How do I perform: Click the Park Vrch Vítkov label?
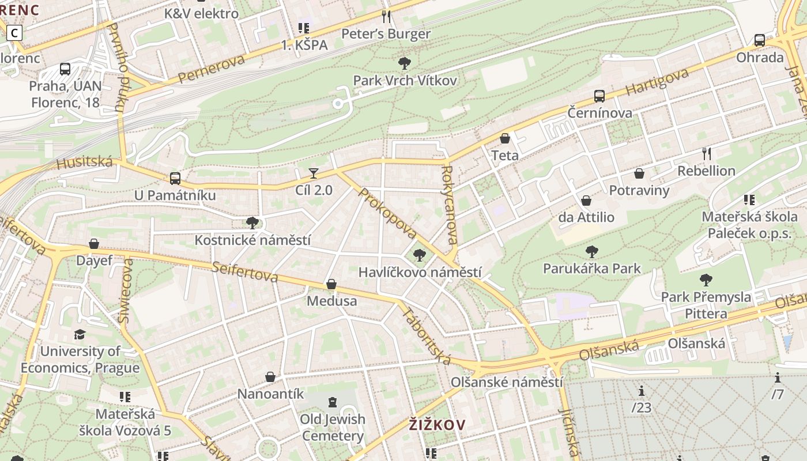coord(405,80)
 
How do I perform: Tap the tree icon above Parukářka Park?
coord(591,252)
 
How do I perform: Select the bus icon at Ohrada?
coord(760,40)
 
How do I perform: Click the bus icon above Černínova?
coord(599,96)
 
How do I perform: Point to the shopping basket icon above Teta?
coord(505,139)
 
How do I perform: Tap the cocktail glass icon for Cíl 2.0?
coord(313,173)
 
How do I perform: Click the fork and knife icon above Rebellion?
coord(707,154)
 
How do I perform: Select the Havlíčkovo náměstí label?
coord(420,271)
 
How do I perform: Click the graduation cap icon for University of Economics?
coord(80,334)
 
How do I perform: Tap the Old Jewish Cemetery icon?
coord(333,402)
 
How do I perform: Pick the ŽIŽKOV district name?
coord(437,425)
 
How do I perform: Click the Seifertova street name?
coord(244,272)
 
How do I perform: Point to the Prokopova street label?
coord(387,213)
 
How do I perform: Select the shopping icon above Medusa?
coord(331,284)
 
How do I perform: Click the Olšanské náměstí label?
coord(507,382)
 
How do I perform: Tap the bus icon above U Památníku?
coord(175,179)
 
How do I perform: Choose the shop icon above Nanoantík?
coord(270,377)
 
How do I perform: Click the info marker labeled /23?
coord(642,391)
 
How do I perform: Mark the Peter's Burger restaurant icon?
coord(386,16)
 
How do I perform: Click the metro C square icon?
coord(14,33)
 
